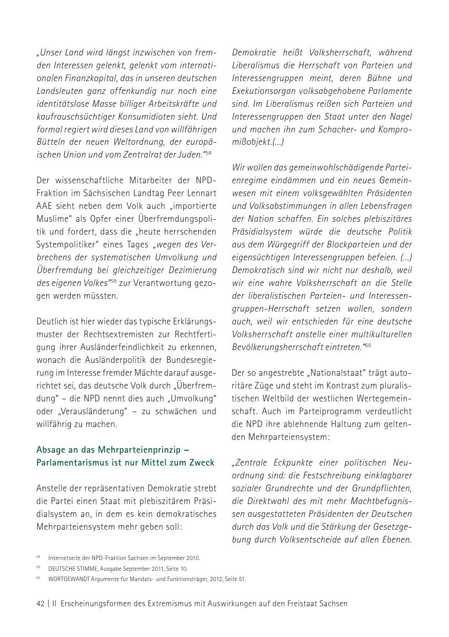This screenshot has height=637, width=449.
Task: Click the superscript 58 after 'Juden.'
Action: click(208, 153)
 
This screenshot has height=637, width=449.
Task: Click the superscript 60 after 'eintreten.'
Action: click(368, 345)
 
